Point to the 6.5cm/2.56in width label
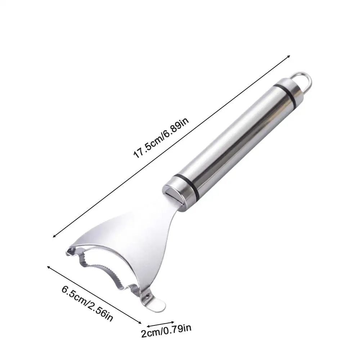click(87, 303)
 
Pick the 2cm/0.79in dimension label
click(166, 330)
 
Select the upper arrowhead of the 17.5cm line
click(289, 56)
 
